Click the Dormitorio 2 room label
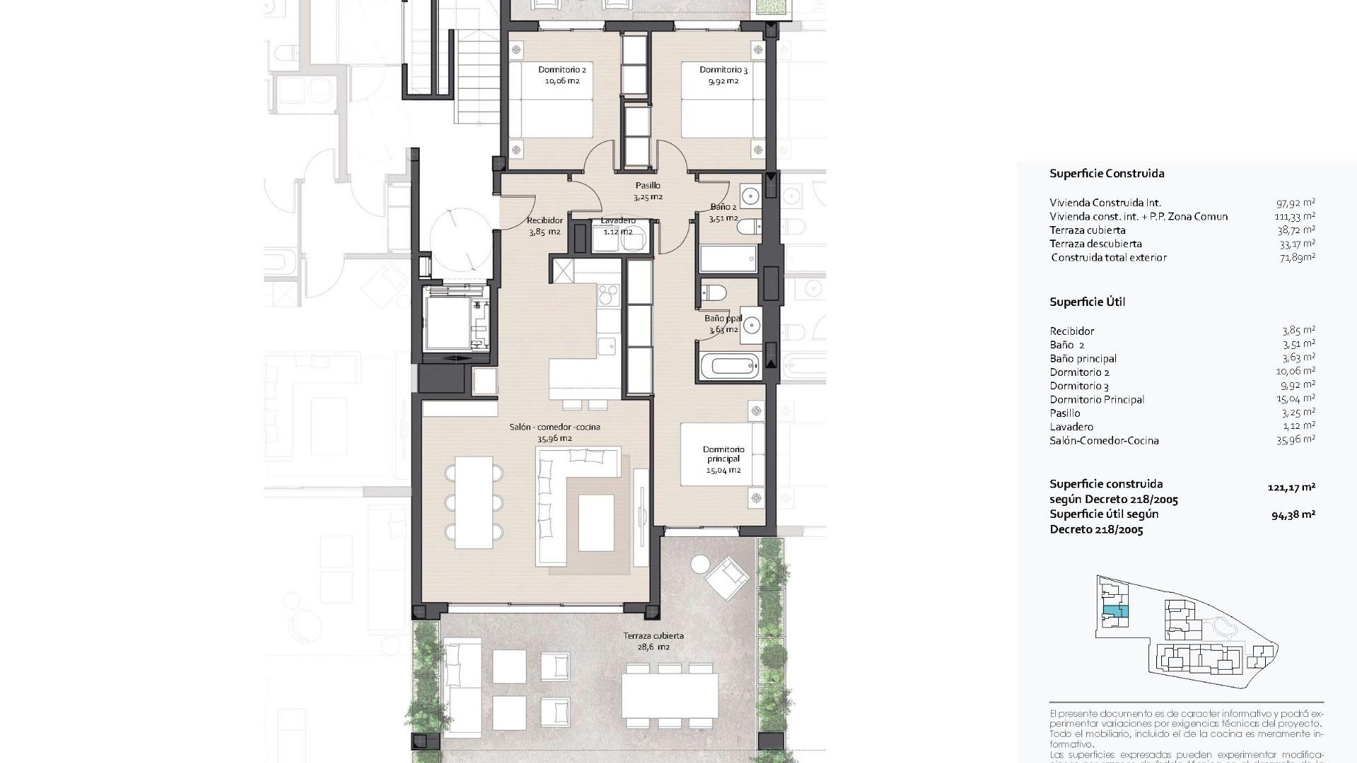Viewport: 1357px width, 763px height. (x=562, y=70)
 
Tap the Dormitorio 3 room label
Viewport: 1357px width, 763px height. (x=723, y=70)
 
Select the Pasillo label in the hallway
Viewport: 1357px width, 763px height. (x=647, y=186)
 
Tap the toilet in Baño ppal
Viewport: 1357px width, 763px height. (x=713, y=292)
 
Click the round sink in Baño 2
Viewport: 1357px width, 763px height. (x=750, y=195)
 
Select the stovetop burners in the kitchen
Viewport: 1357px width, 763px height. (x=608, y=294)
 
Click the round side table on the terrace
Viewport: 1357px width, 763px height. (x=700, y=564)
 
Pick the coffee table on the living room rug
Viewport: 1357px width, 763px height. (x=596, y=523)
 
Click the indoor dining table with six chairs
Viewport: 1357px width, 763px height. (x=474, y=502)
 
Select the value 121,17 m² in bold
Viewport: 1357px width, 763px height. (x=1291, y=487)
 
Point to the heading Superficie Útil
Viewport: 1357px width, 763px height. (x=1087, y=302)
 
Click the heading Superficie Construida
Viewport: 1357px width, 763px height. (x=1106, y=174)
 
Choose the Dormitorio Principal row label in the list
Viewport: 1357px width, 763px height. (x=1096, y=400)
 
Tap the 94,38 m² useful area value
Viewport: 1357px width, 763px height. (x=1293, y=515)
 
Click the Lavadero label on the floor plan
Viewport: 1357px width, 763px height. (x=618, y=221)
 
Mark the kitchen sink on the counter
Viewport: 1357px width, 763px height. (x=606, y=345)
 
